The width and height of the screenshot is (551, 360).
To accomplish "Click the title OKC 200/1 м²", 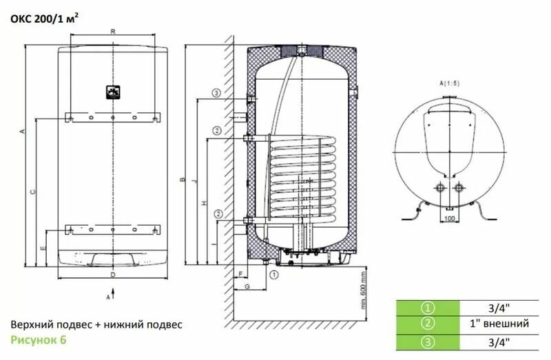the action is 44,19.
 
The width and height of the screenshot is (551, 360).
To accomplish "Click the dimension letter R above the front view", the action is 113,32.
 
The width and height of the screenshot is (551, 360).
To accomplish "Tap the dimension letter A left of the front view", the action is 23,131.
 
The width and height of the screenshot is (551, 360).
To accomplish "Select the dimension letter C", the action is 33,192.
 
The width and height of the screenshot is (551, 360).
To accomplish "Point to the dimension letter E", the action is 43,248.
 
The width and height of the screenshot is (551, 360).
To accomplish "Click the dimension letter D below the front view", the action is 113,275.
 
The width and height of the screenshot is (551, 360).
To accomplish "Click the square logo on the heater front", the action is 113,92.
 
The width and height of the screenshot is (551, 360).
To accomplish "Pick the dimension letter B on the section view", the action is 183,180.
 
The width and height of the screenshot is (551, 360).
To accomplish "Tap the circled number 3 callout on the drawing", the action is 216,93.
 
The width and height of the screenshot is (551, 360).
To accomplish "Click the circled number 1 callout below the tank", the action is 273,275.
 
